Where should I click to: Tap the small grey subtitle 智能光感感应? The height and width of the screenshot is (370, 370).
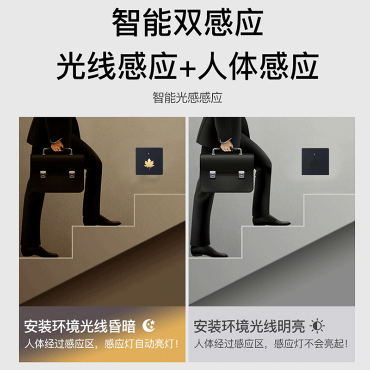click(x=187, y=98)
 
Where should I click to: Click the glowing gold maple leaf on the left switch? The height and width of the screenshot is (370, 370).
click(x=149, y=163)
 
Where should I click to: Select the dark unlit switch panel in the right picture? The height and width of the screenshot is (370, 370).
click(x=315, y=161)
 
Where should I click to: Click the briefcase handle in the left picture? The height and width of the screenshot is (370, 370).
click(x=58, y=151)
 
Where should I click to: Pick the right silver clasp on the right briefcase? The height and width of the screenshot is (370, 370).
click(x=243, y=174)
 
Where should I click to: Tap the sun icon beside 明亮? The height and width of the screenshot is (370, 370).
click(x=317, y=326)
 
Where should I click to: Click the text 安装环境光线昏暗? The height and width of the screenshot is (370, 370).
click(x=80, y=327)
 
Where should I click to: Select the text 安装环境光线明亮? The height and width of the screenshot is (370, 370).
click(x=249, y=327)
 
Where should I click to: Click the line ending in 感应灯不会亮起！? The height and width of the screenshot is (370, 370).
click(x=271, y=344)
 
